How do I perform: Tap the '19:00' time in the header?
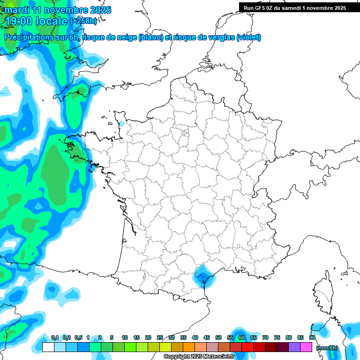[19, 21]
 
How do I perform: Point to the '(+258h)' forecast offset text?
[83, 21]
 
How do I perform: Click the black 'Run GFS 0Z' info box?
[294, 7]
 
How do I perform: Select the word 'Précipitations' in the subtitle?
[29, 37]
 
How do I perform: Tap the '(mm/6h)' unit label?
[327, 347]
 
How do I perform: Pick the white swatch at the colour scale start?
[48, 347]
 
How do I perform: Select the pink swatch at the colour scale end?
[307, 347]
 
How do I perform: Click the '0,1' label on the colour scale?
[55, 337]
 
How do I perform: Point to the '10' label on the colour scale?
[125, 337]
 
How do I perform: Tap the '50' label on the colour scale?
[218, 337]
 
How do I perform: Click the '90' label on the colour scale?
[312, 337]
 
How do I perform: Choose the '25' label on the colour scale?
[160, 337]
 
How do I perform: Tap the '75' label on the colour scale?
[277, 337]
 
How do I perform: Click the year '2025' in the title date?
[99, 10]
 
